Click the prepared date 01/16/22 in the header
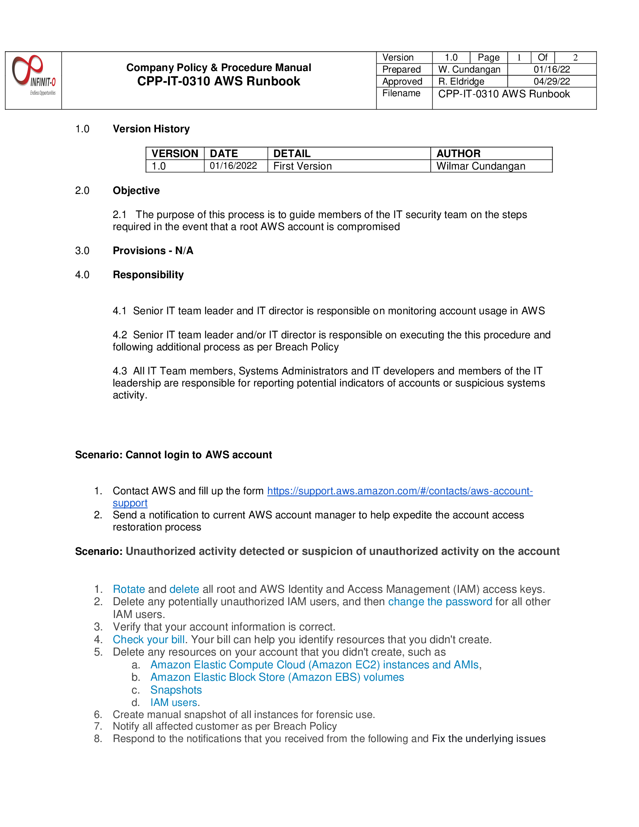tap(551, 70)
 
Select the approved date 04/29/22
tap(551, 82)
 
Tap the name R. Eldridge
tap(461, 82)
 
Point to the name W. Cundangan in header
tap(469, 70)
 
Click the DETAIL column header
tap(292, 153)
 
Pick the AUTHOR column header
tap(458, 153)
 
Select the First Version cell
tap(303, 166)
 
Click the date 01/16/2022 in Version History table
tap(233, 166)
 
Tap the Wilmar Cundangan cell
tap(480, 166)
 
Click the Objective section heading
tap(136, 191)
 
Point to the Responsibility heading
tap(148, 274)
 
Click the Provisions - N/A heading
tap(153, 251)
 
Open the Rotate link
tap(129, 589)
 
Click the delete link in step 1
tap(184, 589)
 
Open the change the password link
tap(440, 602)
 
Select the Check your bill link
tap(148, 639)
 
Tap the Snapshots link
tap(176, 690)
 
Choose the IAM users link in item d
tap(174, 703)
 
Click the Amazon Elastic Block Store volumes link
tap(277, 677)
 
